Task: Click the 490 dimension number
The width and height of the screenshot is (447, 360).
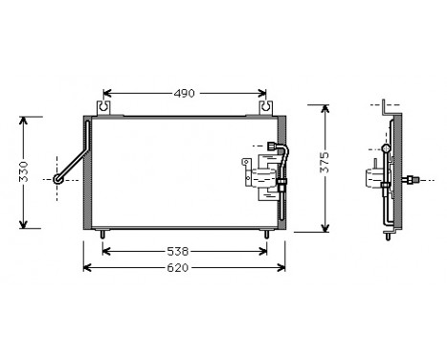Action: tap(185, 93)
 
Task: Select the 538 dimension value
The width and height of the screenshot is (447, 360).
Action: tap(187, 252)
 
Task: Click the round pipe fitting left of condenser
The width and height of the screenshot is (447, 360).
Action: tap(59, 178)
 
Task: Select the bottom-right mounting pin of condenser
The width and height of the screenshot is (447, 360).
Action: tap(266, 233)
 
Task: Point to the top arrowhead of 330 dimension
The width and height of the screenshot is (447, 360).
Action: tap(27, 121)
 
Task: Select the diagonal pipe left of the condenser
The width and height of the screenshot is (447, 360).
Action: tap(73, 163)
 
